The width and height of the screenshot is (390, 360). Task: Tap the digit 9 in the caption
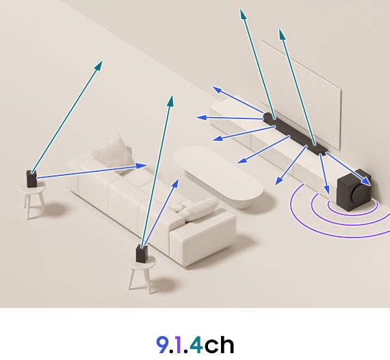pos(163,344)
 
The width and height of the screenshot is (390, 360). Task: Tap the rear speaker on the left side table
pos(31,179)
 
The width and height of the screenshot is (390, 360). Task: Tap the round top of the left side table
pos(31,189)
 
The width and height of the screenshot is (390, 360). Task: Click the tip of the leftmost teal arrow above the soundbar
pos(241,10)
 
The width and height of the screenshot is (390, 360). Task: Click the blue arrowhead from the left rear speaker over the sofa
pos(145,165)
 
